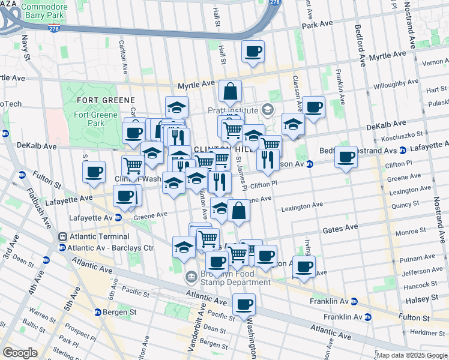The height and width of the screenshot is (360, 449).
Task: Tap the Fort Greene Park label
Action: click(89, 118)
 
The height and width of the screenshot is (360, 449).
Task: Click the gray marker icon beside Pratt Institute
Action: click(267, 110)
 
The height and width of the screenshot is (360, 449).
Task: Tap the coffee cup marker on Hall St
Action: click(253, 51)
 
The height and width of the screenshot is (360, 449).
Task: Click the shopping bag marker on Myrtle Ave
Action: click(230, 91)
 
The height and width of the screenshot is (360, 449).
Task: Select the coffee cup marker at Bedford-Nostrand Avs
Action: click(346, 157)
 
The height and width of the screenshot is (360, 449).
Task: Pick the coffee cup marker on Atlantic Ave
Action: click(244, 304)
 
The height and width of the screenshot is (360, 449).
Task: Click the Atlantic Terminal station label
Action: click(94, 236)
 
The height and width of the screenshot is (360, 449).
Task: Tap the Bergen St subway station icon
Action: click(97, 312)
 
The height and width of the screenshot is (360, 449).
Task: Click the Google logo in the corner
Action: click(20, 353)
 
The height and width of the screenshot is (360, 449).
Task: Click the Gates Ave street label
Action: click(340, 228)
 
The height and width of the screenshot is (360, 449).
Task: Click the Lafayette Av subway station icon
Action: click(118, 218)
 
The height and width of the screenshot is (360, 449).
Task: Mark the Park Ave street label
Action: click(318, 26)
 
